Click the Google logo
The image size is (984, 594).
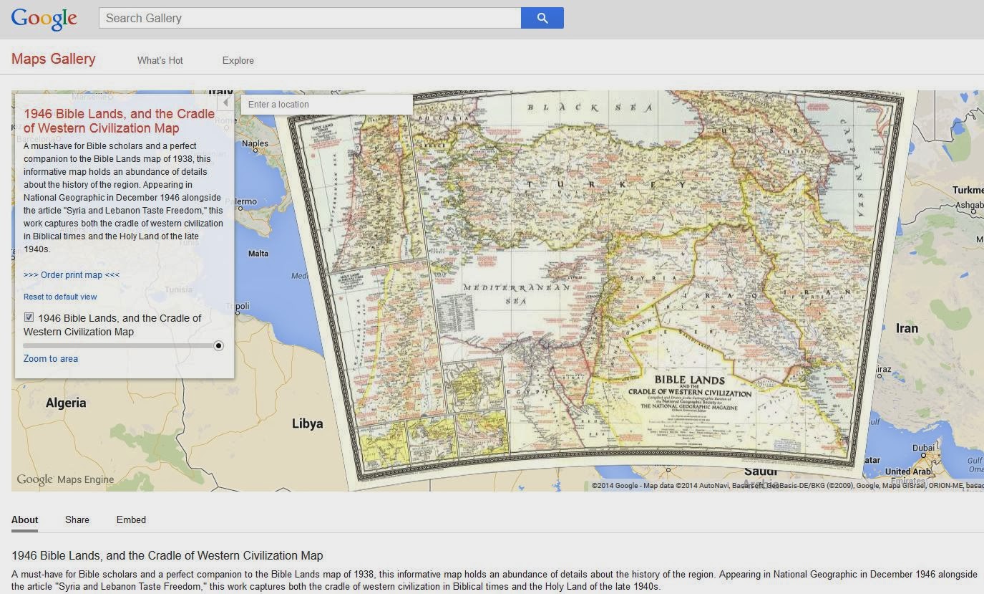point(44,19)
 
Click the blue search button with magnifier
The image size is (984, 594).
point(542,18)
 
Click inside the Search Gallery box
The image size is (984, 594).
point(309,18)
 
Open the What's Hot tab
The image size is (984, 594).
point(160,60)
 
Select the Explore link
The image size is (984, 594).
point(238,60)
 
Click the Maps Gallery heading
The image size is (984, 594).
point(53,59)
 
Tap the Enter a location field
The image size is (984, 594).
point(326,105)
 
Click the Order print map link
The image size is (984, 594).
point(72,274)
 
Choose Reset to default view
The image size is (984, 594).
point(60,297)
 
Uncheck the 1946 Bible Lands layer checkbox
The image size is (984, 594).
point(29,317)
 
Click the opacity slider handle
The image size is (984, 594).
point(218,345)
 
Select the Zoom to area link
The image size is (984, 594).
point(51,358)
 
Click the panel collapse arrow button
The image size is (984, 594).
point(225,102)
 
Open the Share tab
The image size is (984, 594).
point(77,519)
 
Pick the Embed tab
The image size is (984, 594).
point(131,519)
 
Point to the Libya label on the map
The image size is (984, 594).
point(307,423)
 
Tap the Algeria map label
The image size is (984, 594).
point(66,403)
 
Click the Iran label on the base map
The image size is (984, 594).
point(907,328)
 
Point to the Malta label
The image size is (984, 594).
point(258,254)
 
